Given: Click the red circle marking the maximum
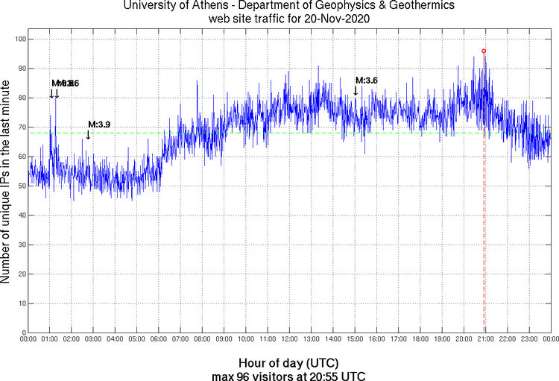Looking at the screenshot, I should click(484, 51).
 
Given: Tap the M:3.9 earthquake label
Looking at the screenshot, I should click(99, 124).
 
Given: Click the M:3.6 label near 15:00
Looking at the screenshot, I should click(367, 81).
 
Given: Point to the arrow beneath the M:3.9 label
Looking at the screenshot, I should click(88, 134).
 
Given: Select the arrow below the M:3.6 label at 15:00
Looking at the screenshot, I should click(356, 90).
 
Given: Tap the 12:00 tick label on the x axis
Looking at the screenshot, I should click(290, 339).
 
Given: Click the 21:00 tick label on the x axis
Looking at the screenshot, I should click(486, 339).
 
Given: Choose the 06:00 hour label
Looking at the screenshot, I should click(159, 339).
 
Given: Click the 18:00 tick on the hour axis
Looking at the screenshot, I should click(420, 339).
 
